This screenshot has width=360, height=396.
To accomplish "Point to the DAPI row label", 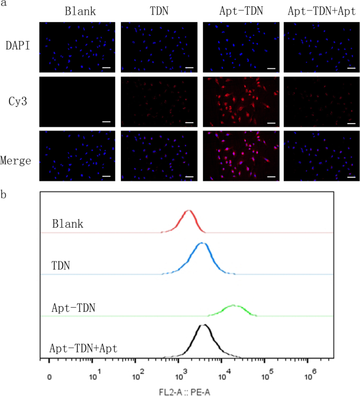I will click(x=17, y=47).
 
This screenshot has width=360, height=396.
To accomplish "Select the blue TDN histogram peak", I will click(x=202, y=244).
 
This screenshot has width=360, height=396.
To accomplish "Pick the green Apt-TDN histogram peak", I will click(x=233, y=306).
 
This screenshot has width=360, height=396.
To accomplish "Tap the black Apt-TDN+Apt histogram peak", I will click(x=203, y=326).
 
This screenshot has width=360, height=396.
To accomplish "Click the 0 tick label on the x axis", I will click(x=49, y=377).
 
